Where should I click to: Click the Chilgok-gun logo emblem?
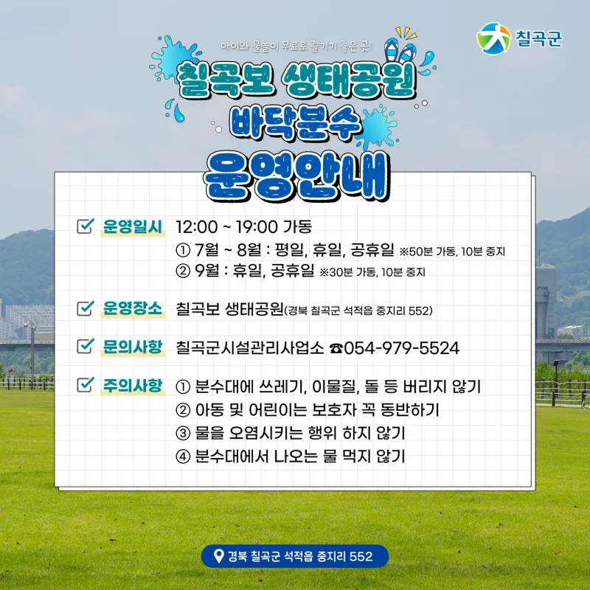coord(493,39)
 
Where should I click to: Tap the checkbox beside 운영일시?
coord(85,226)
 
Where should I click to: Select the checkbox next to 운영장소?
coord(85,308)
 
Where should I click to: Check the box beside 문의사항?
coord(85,346)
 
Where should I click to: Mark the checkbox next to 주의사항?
coord(85,384)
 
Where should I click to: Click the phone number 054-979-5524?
coord(401,348)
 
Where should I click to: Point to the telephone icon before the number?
coord(336,348)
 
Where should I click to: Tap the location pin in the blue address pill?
coord(218,556)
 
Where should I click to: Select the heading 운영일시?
coord(133,226)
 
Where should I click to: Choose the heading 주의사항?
coord(133,385)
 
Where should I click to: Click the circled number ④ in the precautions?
coord(183,457)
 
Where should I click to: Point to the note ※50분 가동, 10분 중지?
coord(452,251)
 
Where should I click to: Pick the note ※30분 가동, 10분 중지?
coord(372,272)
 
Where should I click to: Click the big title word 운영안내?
coord(296,176)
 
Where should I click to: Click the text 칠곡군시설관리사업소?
coord(249,348)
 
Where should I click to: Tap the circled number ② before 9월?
coord(183,271)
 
